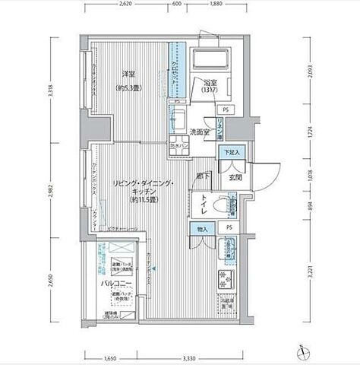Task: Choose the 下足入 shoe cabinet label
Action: [232, 154]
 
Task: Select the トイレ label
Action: [207, 203]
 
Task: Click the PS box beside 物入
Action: [229, 227]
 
